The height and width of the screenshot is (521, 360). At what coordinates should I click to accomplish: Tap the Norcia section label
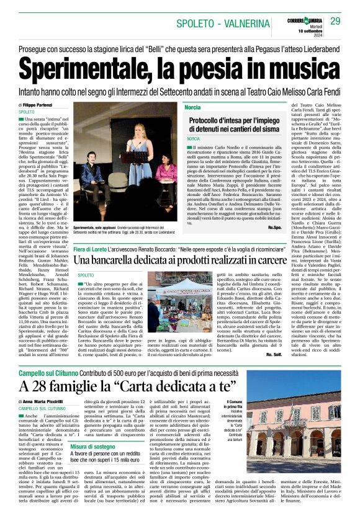192,108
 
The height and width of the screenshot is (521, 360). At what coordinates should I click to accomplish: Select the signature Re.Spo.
276,227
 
